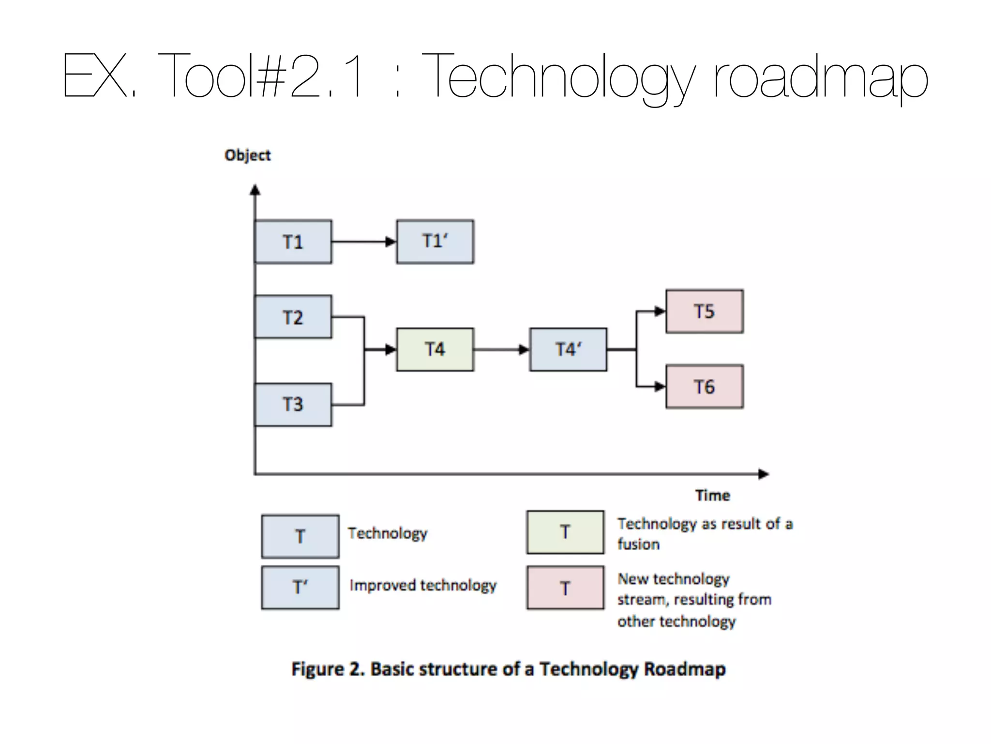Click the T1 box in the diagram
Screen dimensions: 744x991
pyautogui.click(x=293, y=242)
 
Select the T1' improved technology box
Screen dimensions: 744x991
pyautogui.click(x=435, y=241)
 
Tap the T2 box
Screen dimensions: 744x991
pyautogui.click(x=293, y=317)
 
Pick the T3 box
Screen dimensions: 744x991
pyautogui.click(x=293, y=404)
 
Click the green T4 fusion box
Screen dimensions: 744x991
pyautogui.click(x=435, y=349)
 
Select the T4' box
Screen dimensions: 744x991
pyautogui.click(x=568, y=349)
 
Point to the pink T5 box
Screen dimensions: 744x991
pyautogui.click(x=704, y=311)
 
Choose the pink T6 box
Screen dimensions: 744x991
pyautogui.click(x=704, y=387)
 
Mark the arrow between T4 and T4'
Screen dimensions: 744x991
pyautogui.click(x=501, y=349)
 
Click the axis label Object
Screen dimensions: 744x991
pyautogui.click(x=247, y=155)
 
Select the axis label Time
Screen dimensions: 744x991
pyautogui.click(x=712, y=495)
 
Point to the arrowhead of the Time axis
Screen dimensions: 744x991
pyautogui.click(x=763, y=474)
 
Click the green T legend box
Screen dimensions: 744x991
pyautogui.click(x=565, y=532)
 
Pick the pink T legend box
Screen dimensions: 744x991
pyautogui.click(x=565, y=588)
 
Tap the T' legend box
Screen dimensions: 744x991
pyautogui.click(x=300, y=587)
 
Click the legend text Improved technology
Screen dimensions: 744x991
pyautogui.click(x=423, y=585)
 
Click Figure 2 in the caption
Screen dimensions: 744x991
pyautogui.click(x=327, y=669)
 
